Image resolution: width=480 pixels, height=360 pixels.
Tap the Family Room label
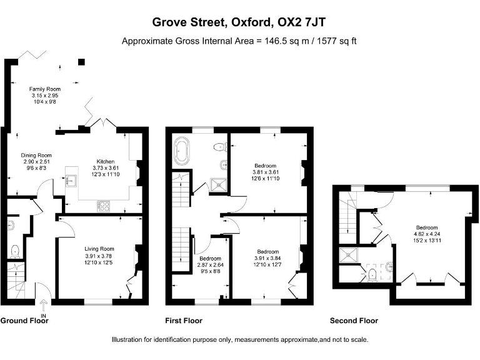tap(45, 89)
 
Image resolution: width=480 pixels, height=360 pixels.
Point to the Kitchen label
tap(106, 161)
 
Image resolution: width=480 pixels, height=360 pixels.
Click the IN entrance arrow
tap(43, 307)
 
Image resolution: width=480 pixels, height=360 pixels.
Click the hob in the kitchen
tap(104, 205)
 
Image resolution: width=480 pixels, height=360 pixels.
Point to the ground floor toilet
tap(15, 251)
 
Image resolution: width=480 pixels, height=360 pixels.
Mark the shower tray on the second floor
tap(346, 254)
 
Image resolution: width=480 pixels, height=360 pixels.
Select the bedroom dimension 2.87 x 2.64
tap(210, 265)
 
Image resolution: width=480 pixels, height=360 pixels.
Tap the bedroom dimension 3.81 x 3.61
tap(265, 172)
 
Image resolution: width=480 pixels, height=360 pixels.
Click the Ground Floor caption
tap(24, 321)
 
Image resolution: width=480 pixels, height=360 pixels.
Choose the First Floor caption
tap(183, 321)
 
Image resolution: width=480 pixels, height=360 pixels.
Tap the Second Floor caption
tap(354, 321)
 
